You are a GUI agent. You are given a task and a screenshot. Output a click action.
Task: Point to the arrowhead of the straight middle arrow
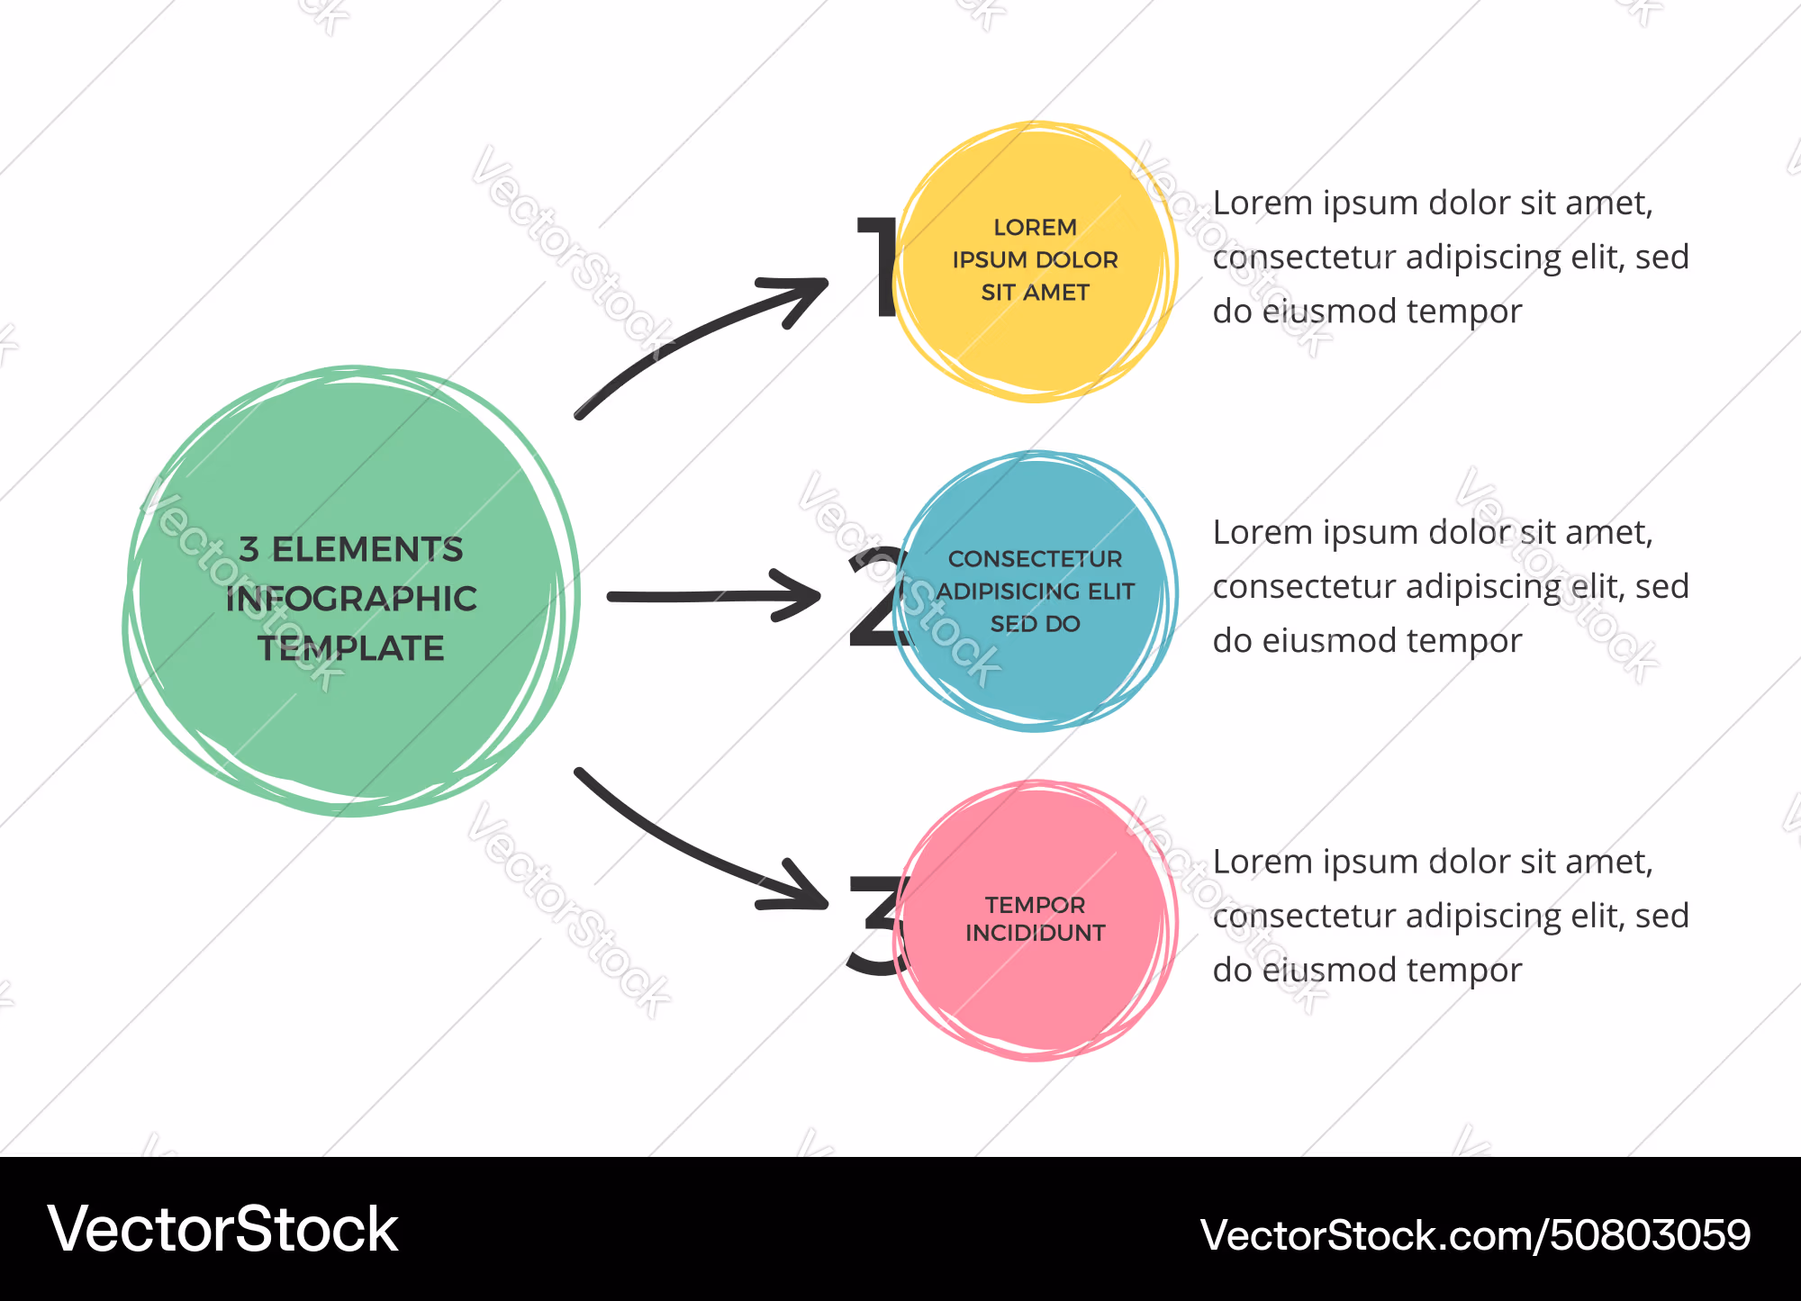pos(795,595)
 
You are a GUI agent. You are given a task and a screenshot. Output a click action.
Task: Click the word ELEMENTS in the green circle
pos(367,549)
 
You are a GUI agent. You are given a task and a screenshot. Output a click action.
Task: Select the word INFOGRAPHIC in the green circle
pos(351,599)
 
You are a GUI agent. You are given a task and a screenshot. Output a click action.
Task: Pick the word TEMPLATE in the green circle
pos(351,648)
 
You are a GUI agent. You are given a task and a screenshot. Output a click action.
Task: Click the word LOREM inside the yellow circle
pos(1035,227)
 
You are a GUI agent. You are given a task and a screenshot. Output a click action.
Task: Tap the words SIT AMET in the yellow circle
pos(1035,293)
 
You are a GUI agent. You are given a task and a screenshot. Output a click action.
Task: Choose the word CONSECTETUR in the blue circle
pos(1035,559)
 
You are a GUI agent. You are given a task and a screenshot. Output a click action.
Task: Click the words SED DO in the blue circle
pos(1035,624)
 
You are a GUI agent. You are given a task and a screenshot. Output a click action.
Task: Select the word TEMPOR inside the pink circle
pos(1035,905)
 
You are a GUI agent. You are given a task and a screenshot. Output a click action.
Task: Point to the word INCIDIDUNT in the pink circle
pos(1035,933)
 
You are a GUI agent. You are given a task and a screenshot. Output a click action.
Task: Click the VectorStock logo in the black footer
pos(223,1229)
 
